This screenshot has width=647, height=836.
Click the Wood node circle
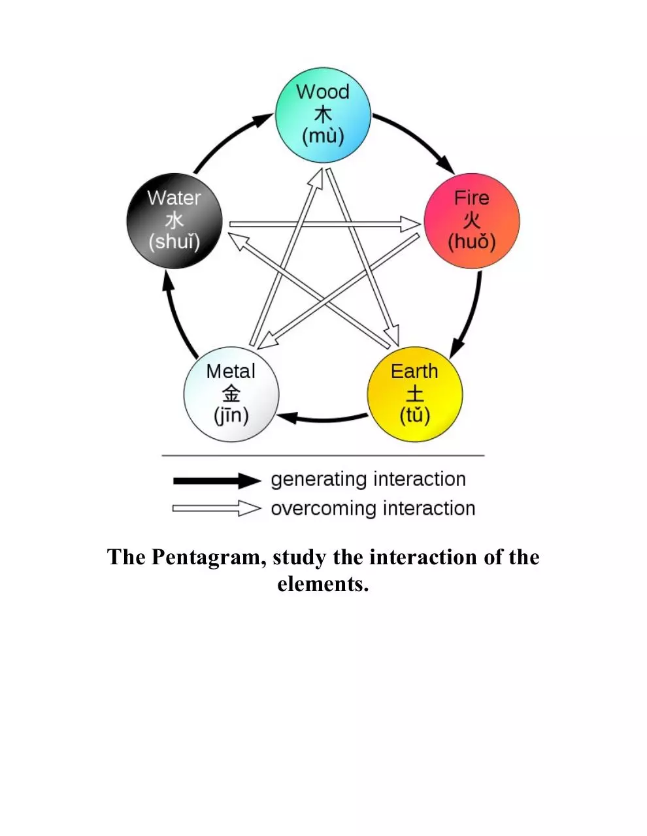tap(323, 115)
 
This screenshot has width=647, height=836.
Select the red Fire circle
tap(471, 221)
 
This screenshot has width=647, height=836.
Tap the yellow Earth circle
tap(415, 394)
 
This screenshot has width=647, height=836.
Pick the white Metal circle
tap(231, 394)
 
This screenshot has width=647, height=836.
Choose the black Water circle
tap(174, 221)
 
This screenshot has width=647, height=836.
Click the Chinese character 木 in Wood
tap(323, 115)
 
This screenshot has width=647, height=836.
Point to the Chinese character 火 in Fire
tap(471, 221)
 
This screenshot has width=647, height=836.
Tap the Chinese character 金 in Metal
tap(231, 394)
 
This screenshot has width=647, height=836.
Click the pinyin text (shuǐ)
tap(174, 242)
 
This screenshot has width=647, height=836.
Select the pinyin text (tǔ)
tap(415, 416)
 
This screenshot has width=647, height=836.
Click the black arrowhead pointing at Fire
tap(446, 165)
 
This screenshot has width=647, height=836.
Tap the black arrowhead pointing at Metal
tap(287, 417)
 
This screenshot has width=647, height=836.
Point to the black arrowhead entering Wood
tap(263, 120)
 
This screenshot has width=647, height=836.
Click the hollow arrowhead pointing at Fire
tap(410, 224)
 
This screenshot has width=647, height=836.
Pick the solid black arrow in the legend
tap(217, 481)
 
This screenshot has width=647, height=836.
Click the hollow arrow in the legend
tap(217, 508)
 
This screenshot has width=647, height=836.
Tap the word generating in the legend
tap(319, 480)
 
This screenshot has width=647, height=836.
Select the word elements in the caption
tap(323, 584)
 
